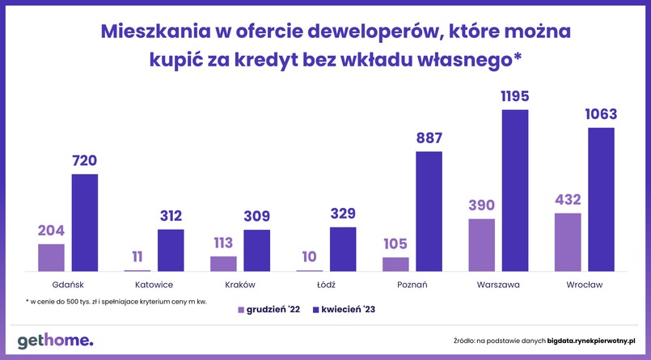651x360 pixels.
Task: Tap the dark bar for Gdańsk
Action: click(x=84, y=222)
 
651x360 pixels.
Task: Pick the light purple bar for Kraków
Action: click(x=223, y=263)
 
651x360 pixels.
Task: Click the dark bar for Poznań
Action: click(x=429, y=211)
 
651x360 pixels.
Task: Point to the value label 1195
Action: click(x=515, y=97)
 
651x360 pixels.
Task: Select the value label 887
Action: click(x=429, y=138)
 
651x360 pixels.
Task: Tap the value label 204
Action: click(x=50, y=231)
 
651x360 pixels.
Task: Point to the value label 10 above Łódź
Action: click(x=309, y=257)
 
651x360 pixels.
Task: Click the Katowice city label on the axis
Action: click(x=154, y=285)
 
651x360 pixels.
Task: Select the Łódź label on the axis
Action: click(x=326, y=285)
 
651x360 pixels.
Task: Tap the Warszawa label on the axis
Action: click(x=498, y=285)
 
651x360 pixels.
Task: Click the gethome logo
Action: click(x=56, y=341)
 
